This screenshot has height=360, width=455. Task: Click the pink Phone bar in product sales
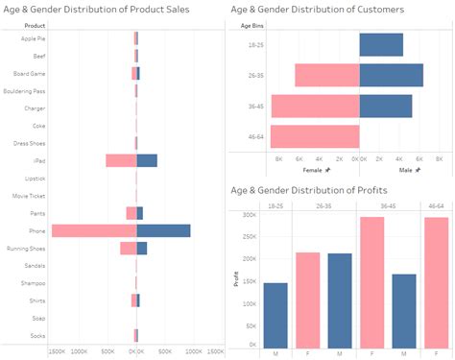pyautogui.click(x=94, y=230)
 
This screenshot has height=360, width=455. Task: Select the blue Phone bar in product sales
pyautogui.click(x=163, y=230)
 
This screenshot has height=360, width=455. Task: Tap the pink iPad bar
pyautogui.click(x=121, y=160)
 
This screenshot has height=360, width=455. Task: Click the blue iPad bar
pyautogui.click(x=147, y=160)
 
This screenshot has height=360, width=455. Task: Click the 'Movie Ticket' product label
pyautogui.click(x=30, y=196)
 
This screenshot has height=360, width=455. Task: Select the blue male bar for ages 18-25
pyautogui.click(x=381, y=45)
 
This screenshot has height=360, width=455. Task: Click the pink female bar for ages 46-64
pyautogui.click(x=315, y=135)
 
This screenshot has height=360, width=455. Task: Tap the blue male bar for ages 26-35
pyautogui.click(x=391, y=76)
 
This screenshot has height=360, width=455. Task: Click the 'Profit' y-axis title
pyautogui.click(x=236, y=279)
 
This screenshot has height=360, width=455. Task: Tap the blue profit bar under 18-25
pyautogui.click(x=275, y=316)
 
